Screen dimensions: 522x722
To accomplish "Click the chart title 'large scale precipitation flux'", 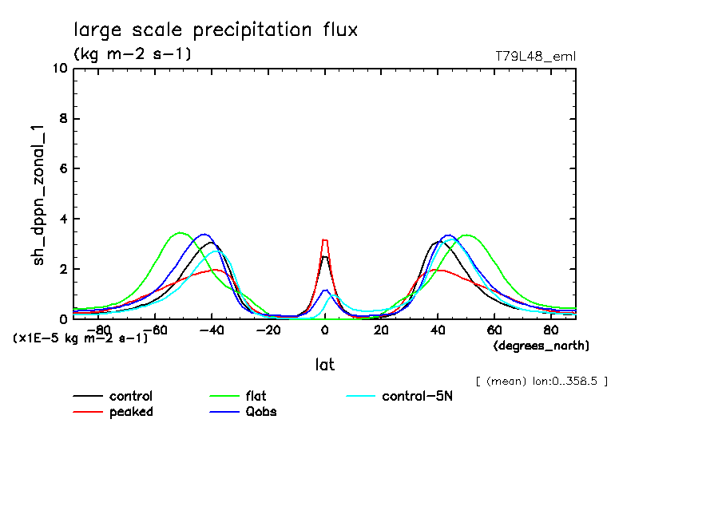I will pyautogui.click(x=216, y=30).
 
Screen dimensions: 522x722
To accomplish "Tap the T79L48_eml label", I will pyautogui.click(x=535, y=56).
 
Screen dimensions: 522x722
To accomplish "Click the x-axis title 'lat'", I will pyautogui.click(x=324, y=365).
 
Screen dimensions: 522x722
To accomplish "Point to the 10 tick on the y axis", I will pyautogui.click(x=60, y=69).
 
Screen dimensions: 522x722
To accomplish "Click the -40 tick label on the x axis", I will pyautogui.click(x=211, y=330).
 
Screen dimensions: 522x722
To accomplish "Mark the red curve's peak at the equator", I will pyautogui.click(x=324, y=239).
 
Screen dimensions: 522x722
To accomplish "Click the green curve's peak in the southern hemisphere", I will pyautogui.click(x=180, y=233).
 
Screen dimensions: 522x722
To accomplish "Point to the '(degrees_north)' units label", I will pyautogui.click(x=541, y=346).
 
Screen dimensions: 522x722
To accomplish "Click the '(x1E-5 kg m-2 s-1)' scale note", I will pyautogui.click(x=80, y=338).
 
